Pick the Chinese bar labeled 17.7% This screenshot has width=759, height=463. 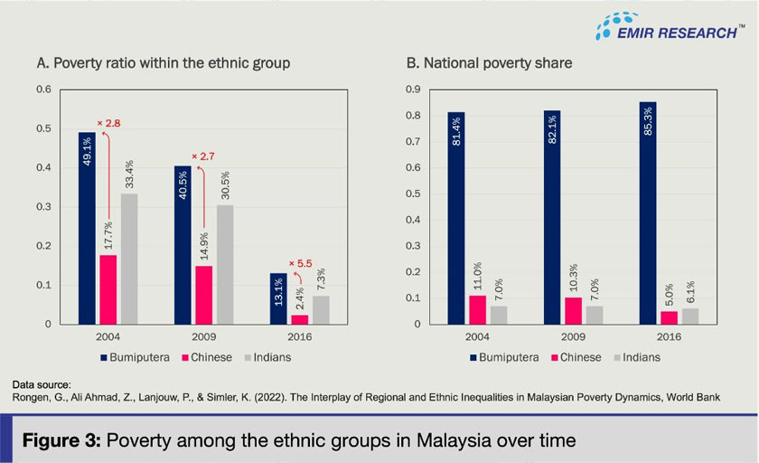108,288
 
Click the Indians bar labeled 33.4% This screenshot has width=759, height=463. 130,259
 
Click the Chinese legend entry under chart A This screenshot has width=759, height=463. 202,357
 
